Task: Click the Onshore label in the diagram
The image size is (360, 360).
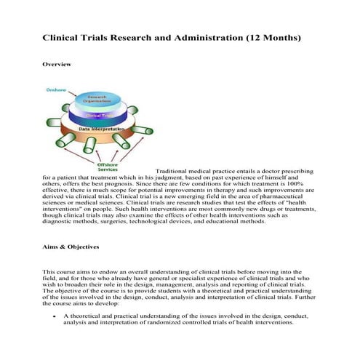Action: (x=56, y=90)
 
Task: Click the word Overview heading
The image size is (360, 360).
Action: (x=57, y=64)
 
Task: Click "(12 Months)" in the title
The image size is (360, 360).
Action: (x=265, y=36)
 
